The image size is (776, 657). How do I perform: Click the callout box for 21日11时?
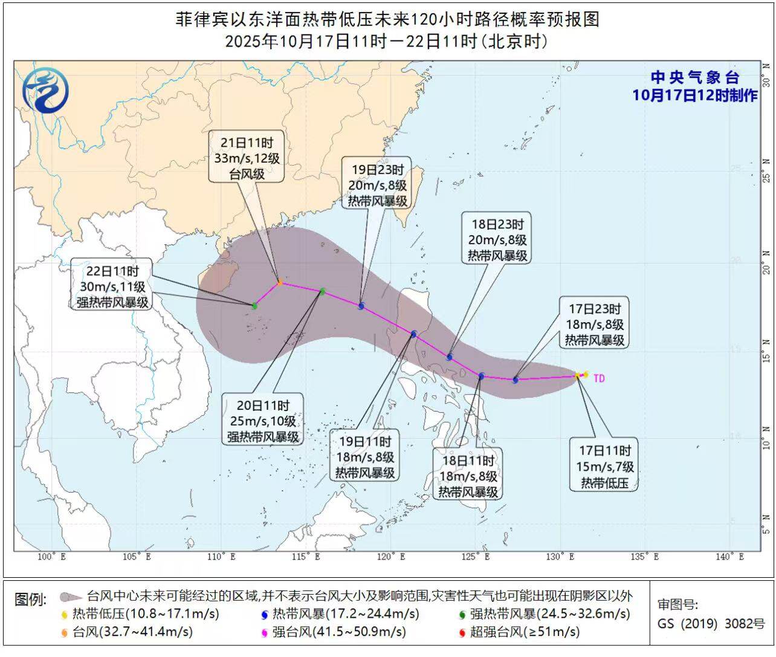click(x=247, y=159)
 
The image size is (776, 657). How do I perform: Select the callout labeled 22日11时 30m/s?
click(x=112, y=287)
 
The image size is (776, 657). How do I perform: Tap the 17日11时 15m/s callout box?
click(x=604, y=466)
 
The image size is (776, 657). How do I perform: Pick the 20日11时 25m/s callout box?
click(x=263, y=421)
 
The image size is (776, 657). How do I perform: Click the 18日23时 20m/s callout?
click(x=497, y=240)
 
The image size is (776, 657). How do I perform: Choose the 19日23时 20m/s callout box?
click(x=377, y=186)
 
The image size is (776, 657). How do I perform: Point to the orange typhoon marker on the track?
click(x=280, y=282)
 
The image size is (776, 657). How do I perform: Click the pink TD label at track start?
click(x=598, y=378)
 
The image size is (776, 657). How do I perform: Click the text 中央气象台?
click(x=695, y=78)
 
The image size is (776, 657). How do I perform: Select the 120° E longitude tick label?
click(x=391, y=557)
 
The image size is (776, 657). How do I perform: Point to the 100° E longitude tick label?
click(x=51, y=557)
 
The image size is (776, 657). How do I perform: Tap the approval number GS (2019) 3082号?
click(x=711, y=624)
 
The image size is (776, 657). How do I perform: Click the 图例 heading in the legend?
click(x=30, y=600)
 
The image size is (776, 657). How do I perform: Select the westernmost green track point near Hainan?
click(x=254, y=306)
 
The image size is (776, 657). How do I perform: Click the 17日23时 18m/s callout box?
click(x=595, y=325)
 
